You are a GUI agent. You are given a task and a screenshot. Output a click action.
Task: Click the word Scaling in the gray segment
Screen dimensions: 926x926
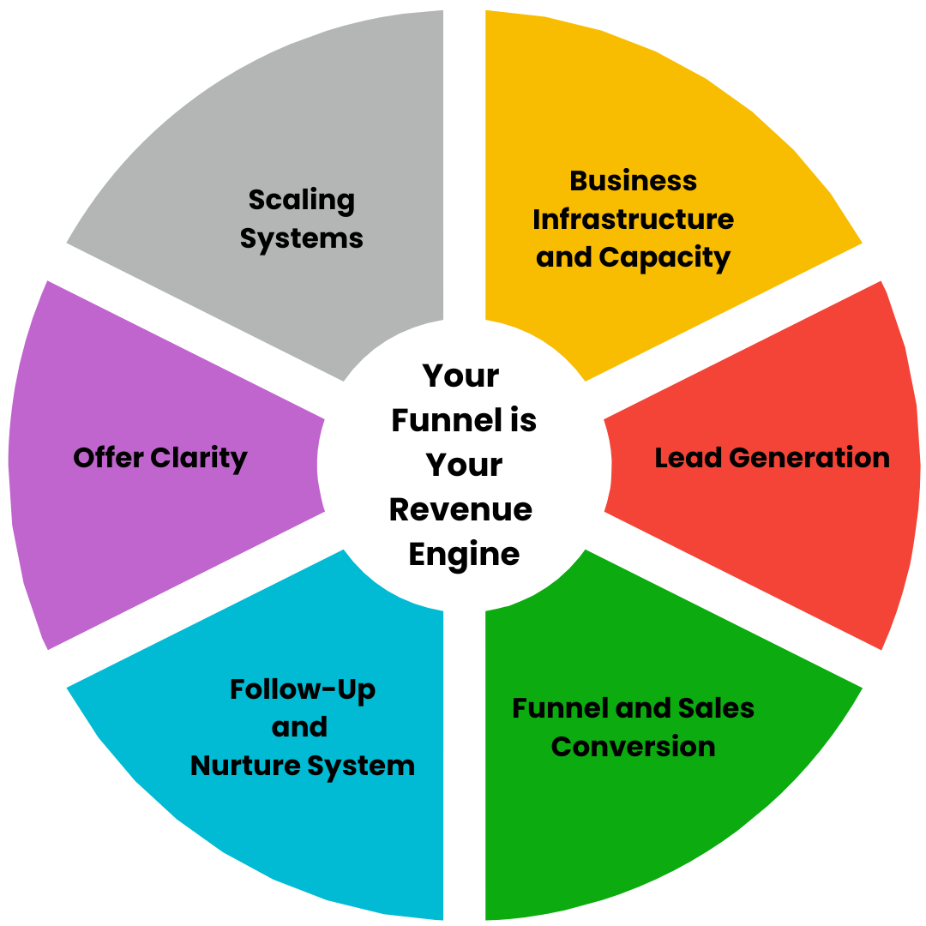(x=302, y=201)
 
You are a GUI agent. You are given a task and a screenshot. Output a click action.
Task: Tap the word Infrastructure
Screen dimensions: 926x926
(x=633, y=219)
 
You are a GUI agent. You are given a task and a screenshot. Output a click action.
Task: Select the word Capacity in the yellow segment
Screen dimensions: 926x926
(x=664, y=258)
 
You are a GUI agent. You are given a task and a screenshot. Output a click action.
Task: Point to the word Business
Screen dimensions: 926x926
(x=633, y=181)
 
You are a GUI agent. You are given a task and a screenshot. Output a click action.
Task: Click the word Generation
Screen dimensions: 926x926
(x=809, y=458)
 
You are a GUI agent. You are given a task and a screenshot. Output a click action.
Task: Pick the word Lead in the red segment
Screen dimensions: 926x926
(x=688, y=458)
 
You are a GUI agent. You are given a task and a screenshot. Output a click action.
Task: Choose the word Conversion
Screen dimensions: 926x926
(x=633, y=747)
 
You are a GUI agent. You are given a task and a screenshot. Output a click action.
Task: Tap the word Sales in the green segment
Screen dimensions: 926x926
(x=716, y=708)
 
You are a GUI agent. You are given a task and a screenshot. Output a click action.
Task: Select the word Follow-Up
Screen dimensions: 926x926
(x=303, y=690)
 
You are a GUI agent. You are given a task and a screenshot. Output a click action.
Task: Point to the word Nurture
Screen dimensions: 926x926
(x=245, y=766)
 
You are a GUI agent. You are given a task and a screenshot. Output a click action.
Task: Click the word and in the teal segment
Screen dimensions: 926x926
(x=299, y=727)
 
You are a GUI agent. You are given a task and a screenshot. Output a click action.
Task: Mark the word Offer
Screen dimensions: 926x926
(x=108, y=458)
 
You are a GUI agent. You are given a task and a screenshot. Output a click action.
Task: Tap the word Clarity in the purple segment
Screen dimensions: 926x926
(x=198, y=459)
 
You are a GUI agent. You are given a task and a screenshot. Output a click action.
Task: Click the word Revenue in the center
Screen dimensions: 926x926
(x=460, y=509)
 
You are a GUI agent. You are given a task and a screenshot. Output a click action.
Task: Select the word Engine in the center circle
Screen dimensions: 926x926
(x=464, y=555)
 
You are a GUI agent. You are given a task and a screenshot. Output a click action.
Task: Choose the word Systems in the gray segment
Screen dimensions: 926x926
(x=301, y=239)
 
